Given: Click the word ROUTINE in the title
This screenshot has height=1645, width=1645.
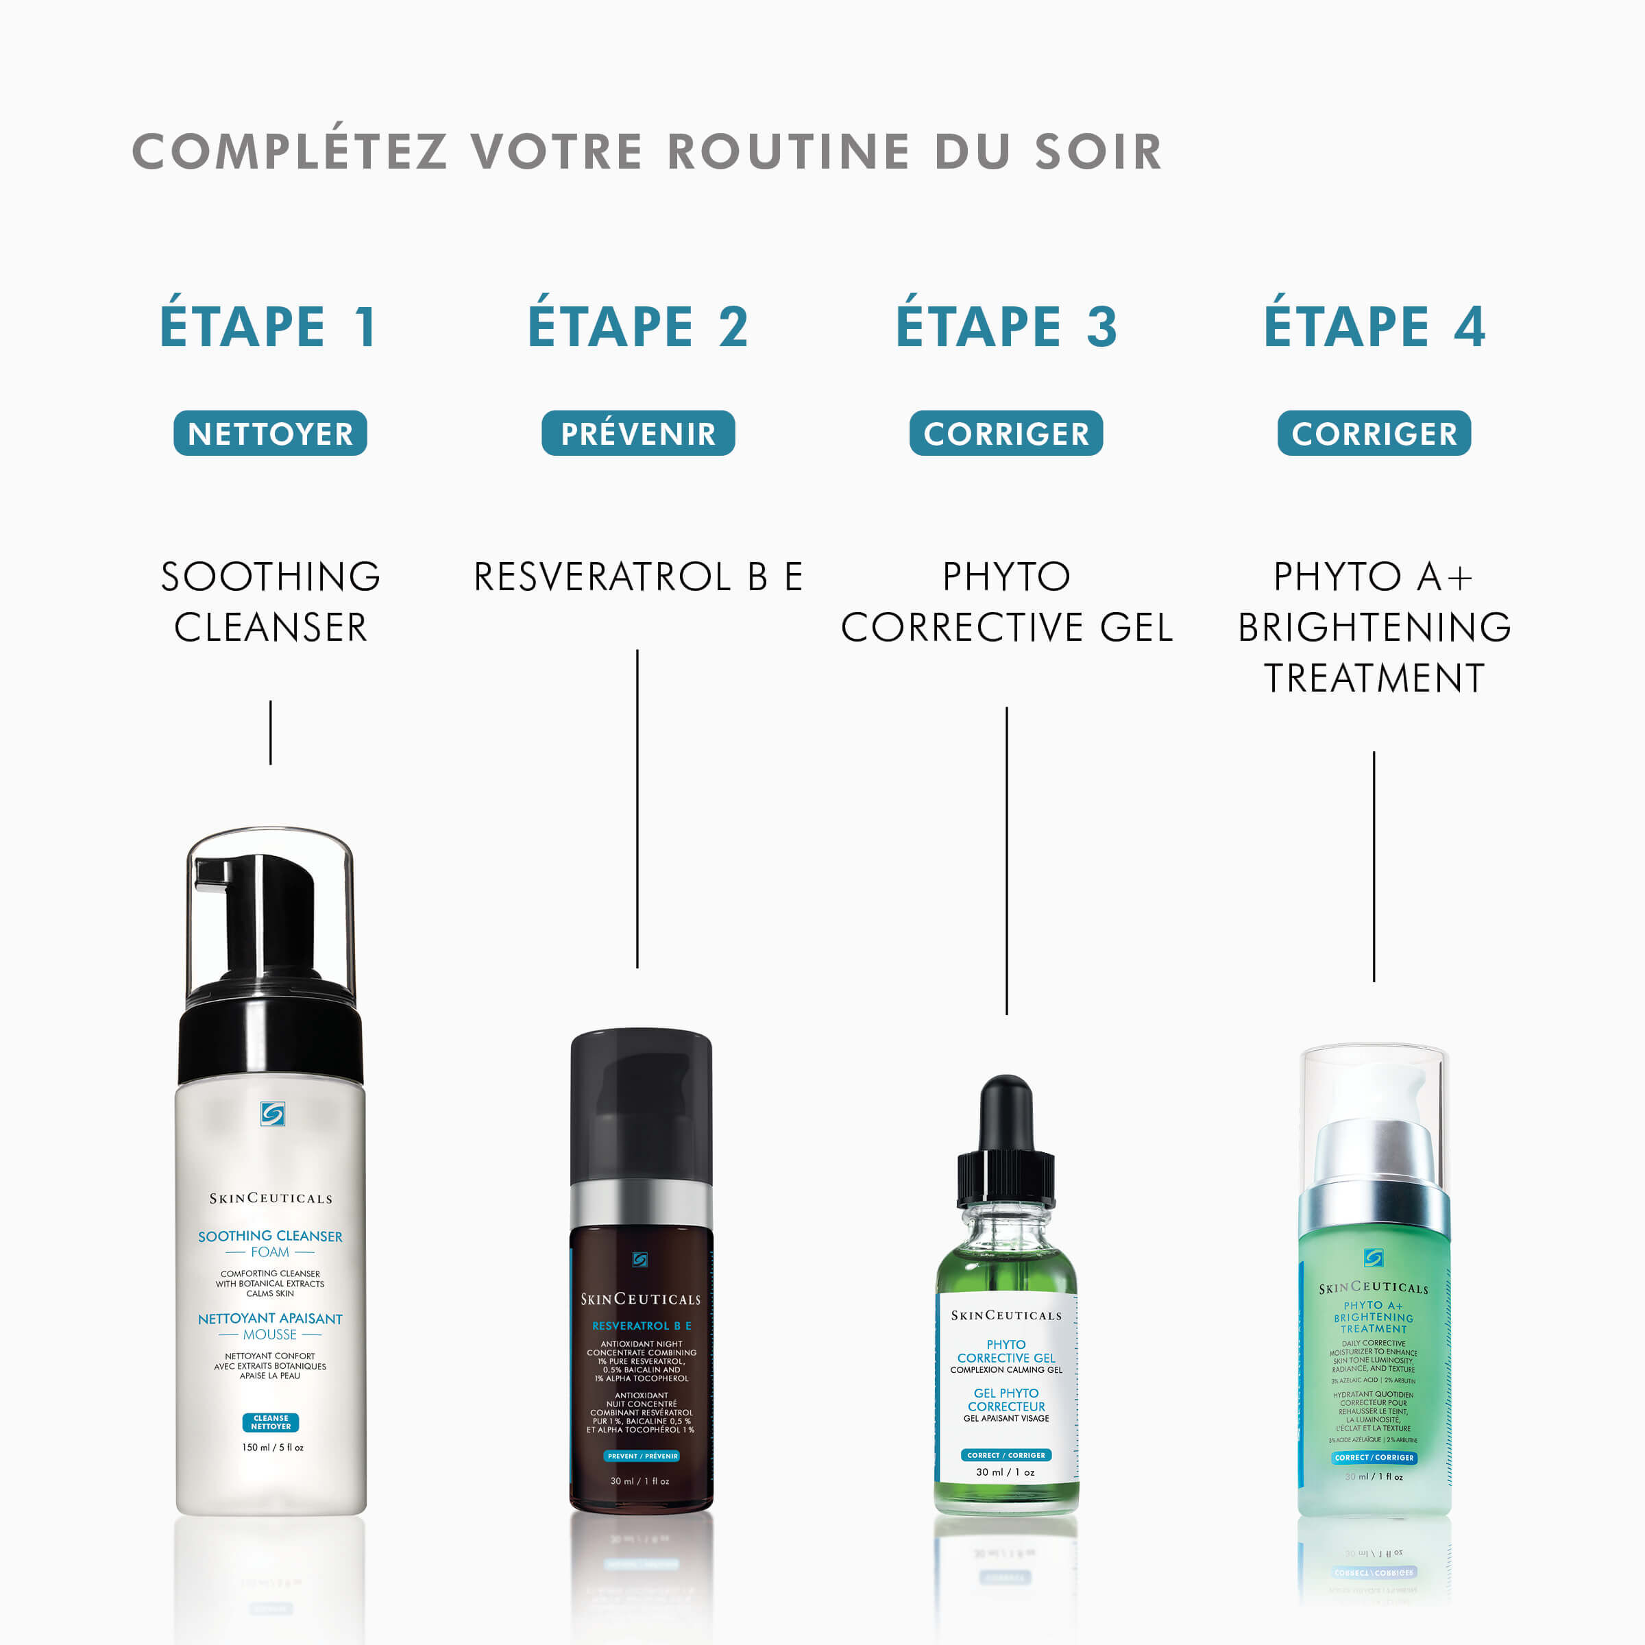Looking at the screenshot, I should [788, 151].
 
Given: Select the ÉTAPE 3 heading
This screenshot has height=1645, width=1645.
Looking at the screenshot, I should [1006, 326].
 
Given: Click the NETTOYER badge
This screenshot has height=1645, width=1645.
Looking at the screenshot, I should [270, 433].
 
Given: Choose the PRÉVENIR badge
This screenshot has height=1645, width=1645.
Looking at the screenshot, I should [637, 433].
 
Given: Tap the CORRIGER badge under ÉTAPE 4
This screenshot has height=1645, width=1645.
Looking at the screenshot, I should [1374, 433].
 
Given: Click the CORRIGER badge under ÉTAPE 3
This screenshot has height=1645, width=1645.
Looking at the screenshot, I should [1006, 433].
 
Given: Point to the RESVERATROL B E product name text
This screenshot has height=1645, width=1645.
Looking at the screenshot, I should [637, 576].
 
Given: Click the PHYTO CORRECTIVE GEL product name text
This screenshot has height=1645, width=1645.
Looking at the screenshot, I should [1006, 602].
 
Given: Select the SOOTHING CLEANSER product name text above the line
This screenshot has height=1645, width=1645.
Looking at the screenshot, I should [270, 602].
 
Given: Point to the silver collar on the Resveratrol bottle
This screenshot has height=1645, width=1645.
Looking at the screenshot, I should [640, 1203].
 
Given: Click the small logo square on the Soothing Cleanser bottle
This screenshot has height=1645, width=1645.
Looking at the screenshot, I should [273, 1114].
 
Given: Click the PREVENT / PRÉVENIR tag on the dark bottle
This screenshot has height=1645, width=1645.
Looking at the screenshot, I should [642, 1456].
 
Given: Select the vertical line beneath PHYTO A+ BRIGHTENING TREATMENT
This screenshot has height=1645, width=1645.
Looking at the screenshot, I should [1374, 866].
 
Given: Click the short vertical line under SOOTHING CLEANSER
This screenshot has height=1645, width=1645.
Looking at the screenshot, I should [271, 732].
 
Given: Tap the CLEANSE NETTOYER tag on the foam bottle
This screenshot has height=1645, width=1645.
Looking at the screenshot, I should [271, 1423].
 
